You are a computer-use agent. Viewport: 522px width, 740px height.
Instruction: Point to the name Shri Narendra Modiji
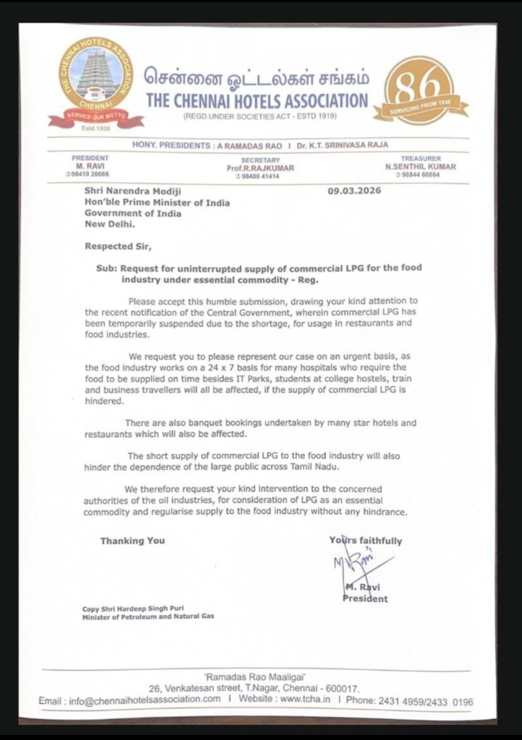point(129,192)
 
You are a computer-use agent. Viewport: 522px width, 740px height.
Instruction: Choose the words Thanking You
point(132,541)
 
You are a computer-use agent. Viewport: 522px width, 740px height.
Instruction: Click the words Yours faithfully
point(366,541)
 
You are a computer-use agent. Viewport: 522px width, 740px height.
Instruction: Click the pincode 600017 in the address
point(339,689)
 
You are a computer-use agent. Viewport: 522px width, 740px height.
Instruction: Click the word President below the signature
point(365,598)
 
